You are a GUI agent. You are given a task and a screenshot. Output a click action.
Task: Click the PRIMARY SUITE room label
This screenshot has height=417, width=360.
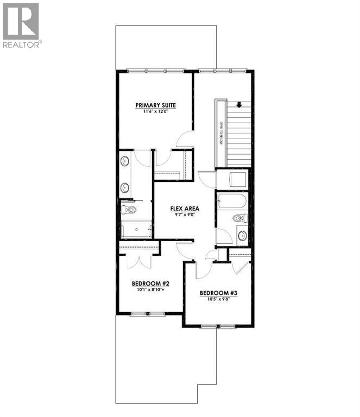coord(156,105)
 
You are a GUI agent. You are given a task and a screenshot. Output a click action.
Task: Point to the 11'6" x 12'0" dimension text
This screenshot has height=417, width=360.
coord(156,111)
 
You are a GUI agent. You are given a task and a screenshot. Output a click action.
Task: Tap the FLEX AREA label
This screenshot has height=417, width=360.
coord(185,208)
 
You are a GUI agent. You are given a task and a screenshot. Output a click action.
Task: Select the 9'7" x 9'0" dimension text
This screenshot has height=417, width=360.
coord(185,214)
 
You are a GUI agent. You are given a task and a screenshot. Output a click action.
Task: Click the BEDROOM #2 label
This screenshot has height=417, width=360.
coord(151,283)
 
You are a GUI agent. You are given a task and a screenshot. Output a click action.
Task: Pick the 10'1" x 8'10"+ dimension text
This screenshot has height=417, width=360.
coord(151,289)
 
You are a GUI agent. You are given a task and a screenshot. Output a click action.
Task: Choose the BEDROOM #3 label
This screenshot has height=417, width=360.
coord(218,293)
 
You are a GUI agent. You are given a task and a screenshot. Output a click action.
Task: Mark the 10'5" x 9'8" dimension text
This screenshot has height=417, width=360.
coord(218,299)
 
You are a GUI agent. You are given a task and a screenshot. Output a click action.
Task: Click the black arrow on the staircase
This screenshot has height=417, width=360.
coord(239,105)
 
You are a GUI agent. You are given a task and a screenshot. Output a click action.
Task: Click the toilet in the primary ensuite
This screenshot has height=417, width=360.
coord(128,210)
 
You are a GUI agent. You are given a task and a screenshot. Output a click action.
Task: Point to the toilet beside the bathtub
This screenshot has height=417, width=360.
coord(239,219)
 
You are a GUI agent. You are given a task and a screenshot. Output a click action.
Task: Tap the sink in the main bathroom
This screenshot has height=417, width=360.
coord(241,236)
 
